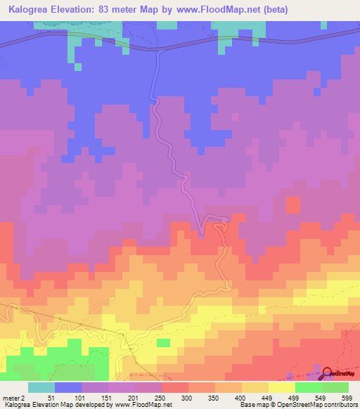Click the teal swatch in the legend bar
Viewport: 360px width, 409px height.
click(x=41, y=387)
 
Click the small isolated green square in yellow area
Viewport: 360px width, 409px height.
click(x=163, y=342)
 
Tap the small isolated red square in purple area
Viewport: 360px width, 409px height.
click(x=294, y=204)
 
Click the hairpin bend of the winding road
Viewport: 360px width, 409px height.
click(x=202, y=232)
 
